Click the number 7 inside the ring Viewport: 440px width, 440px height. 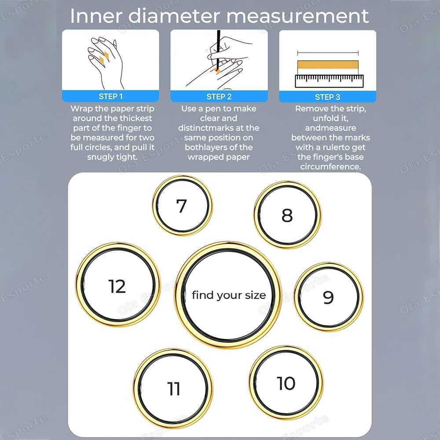pyautogui.click(x=181, y=206)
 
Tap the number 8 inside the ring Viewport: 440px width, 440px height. pyautogui.click(x=287, y=216)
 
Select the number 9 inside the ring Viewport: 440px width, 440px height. pyautogui.click(x=328, y=297)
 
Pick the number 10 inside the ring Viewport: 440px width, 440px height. pyautogui.click(x=286, y=383)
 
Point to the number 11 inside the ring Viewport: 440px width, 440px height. pyautogui.click(x=174, y=389)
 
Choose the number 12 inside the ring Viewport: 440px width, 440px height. pyautogui.click(x=117, y=286)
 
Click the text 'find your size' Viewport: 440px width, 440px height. pyautogui.click(x=229, y=295)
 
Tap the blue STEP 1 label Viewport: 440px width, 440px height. pyautogui.click(x=110, y=96)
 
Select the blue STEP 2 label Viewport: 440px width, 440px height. pyautogui.click(x=219, y=96)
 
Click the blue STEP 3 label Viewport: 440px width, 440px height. pyautogui.click(x=327, y=96)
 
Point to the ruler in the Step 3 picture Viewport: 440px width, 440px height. pyautogui.click(x=329, y=80)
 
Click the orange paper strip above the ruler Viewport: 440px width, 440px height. pyautogui.click(x=327, y=65)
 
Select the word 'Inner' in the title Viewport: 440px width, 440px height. pyautogui.click(x=95, y=16)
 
